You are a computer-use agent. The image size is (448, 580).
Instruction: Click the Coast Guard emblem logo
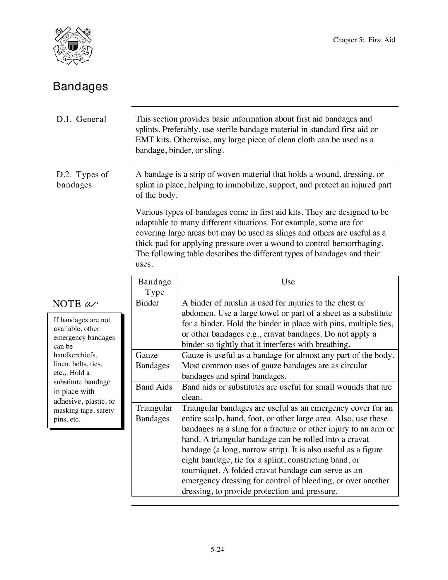(x=73, y=46)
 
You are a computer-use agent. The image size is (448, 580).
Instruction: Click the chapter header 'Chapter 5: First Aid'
(x=364, y=40)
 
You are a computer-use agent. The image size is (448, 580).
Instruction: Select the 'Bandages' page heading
(x=81, y=86)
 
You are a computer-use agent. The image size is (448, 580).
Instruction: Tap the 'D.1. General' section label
(x=81, y=119)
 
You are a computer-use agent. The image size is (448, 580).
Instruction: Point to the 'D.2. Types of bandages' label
(x=82, y=179)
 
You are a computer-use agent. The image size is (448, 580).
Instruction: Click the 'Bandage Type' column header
(x=155, y=287)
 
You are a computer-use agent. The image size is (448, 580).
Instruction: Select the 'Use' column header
(x=288, y=282)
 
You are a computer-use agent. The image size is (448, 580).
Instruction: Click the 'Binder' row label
(x=147, y=303)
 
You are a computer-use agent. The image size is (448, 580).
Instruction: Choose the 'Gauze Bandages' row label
(x=152, y=360)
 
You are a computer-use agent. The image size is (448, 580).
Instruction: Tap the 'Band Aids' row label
(x=154, y=387)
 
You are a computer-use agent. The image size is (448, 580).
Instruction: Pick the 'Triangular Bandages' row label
(x=154, y=413)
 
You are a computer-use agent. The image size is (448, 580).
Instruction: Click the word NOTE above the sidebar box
(x=67, y=304)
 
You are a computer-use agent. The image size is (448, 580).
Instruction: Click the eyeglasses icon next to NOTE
(x=91, y=305)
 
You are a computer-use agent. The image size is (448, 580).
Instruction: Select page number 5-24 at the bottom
(x=217, y=550)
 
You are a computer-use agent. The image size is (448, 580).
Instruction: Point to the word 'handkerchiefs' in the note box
(x=75, y=355)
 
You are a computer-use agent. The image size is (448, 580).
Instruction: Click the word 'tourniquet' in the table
(x=200, y=470)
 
